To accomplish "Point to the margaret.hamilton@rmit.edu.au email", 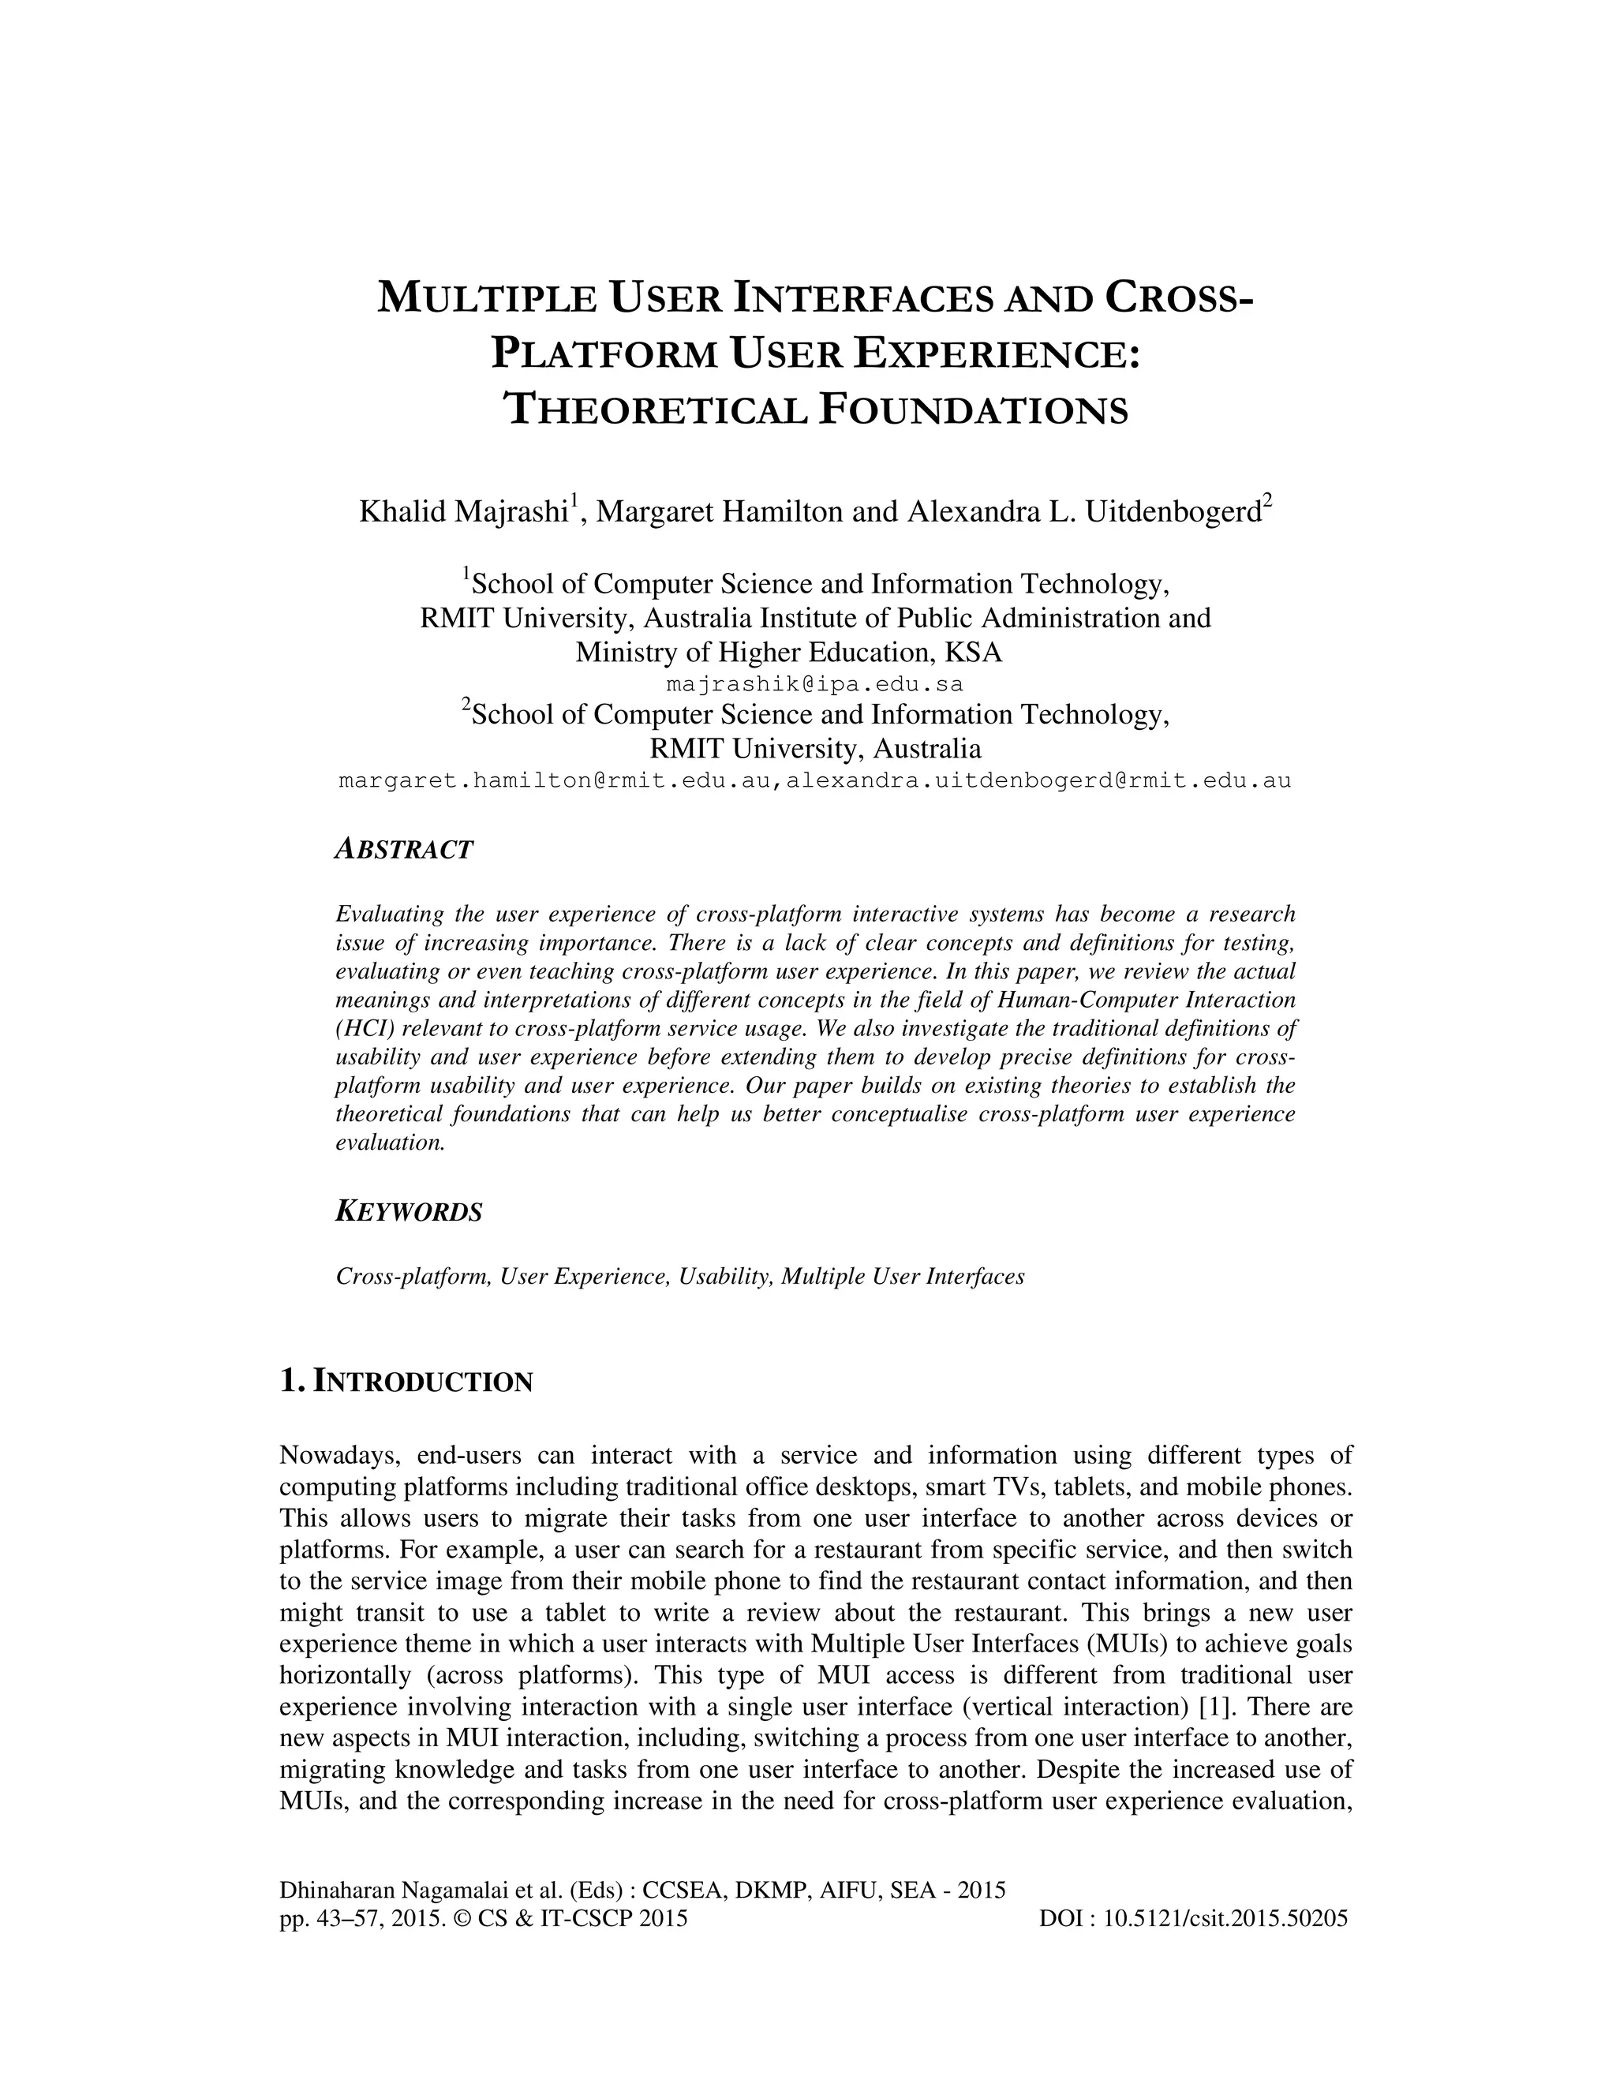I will click(555, 780).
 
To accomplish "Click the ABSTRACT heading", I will click(404, 849).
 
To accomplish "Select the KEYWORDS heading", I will click(409, 1212).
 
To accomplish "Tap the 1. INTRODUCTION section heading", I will click(406, 1382).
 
